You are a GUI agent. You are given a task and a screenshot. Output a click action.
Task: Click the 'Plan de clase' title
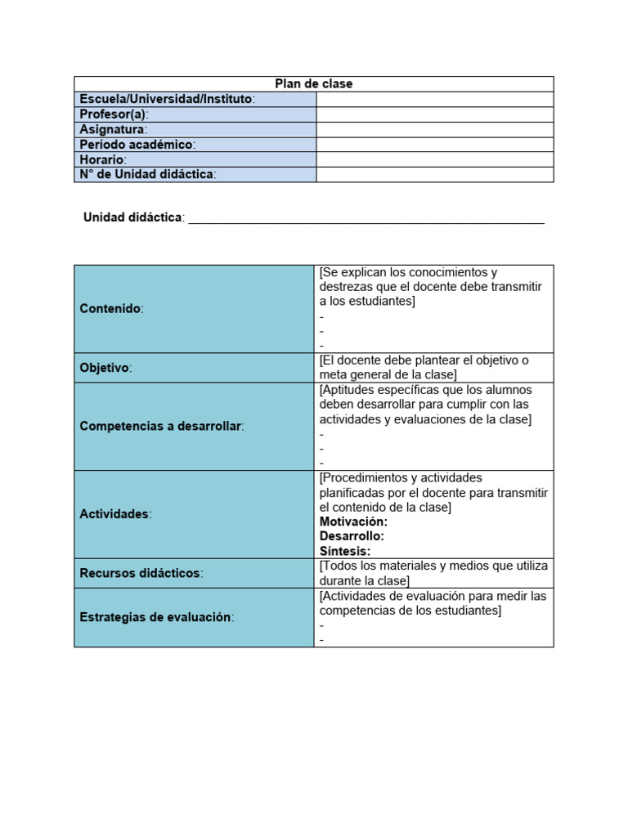click(314, 84)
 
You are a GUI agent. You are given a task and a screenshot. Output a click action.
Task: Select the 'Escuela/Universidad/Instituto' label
click(167, 99)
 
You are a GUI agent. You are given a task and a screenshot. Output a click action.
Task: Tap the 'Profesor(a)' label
click(114, 114)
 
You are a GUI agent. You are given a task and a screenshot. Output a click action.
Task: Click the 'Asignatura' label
click(113, 129)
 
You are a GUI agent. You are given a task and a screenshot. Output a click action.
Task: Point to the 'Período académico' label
click(137, 145)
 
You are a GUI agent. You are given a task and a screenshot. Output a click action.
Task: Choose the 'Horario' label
click(103, 159)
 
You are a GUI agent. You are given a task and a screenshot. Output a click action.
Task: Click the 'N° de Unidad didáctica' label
click(147, 174)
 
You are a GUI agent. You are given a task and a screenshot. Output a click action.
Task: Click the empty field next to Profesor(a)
click(434, 114)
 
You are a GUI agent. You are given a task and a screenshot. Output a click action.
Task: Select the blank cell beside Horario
click(434, 159)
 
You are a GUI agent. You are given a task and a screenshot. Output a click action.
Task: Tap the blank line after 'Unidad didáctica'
click(366, 218)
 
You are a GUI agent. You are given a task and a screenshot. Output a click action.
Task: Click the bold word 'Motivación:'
click(353, 521)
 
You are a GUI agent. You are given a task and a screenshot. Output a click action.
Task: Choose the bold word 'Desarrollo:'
click(352, 536)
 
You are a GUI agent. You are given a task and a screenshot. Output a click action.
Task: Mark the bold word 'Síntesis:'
click(345, 551)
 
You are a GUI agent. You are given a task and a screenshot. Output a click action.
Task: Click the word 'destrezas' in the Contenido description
click(345, 287)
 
